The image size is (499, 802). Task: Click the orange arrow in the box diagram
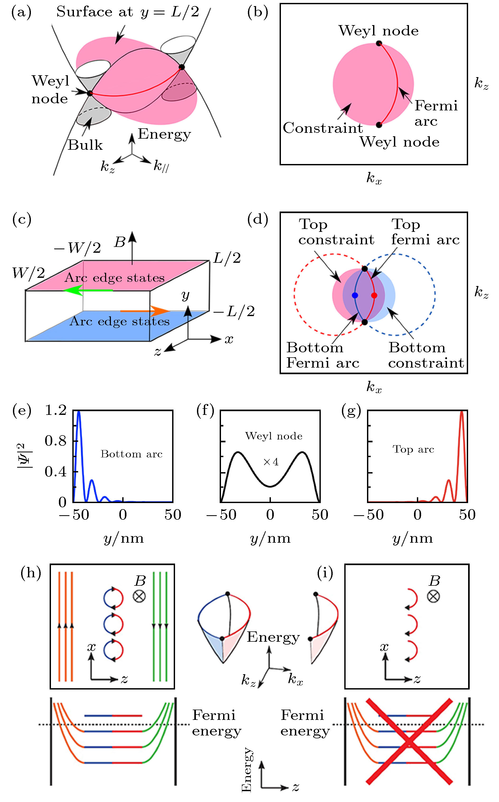tap(145, 311)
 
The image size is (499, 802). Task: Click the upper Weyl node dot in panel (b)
tap(379, 43)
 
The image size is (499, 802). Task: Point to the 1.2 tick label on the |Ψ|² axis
tap(56, 410)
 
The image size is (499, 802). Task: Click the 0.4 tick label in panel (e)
tap(56, 472)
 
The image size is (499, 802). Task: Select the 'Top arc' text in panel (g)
tap(413, 449)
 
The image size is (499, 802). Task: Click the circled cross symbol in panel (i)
tap(433, 596)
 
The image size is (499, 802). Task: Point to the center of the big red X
tap(409, 741)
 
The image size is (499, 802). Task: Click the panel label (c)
tap(22, 219)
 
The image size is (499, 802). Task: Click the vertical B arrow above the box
tap(132, 247)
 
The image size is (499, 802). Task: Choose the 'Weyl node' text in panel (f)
tap(274, 436)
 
